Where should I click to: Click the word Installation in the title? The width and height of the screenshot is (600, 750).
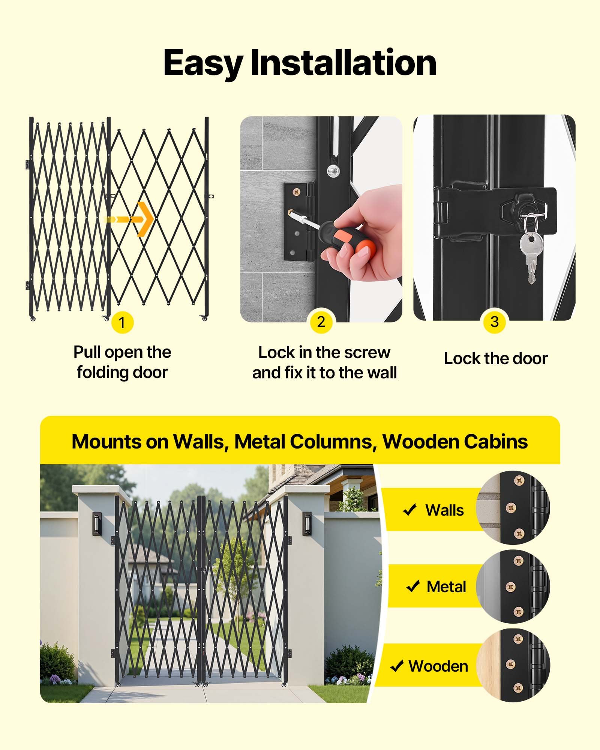point(343,63)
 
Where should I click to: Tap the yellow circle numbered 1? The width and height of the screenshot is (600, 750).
point(122,322)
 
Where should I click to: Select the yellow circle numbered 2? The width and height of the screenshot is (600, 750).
point(321,322)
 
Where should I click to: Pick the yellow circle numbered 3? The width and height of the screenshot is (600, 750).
point(494,322)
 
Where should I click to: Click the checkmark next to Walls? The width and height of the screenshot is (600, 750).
point(409,510)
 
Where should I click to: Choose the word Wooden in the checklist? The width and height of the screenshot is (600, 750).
point(438,666)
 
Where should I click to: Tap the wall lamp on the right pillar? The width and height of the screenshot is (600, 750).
point(307,523)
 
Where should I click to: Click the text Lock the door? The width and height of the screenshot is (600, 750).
point(496,358)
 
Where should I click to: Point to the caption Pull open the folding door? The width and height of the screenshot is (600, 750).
point(122,362)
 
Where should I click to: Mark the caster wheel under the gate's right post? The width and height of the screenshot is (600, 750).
point(204,318)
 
